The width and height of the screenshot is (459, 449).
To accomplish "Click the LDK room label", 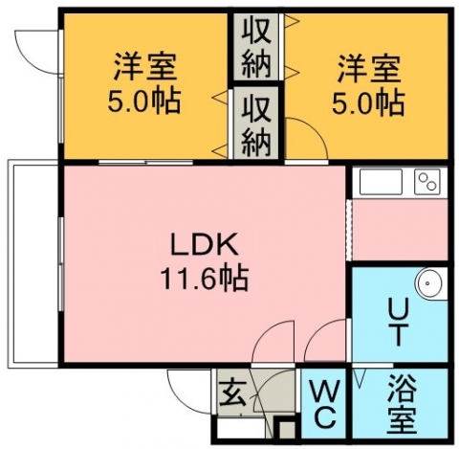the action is pyautogui.click(x=205, y=244).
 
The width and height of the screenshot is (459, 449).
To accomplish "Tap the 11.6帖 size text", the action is pyautogui.click(x=205, y=278).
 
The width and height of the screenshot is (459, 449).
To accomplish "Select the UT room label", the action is pyautogui.click(x=398, y=323).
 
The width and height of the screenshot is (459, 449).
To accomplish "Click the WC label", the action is pyautogui.click(x=323, y=403).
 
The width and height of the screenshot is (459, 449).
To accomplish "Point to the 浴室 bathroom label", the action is pyautogui.click(x=402, y=403).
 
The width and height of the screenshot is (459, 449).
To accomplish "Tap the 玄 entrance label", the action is pyautogui.click(x=233, y=393).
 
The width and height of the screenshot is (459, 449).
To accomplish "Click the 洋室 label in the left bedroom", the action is pyautogui.click(x=144, y=67).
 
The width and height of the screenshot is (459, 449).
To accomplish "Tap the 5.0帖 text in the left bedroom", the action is pyautogui.click(x=144, y=101).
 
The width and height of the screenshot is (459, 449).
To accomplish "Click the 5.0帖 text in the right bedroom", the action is pyautogui.click(x=369, y=101).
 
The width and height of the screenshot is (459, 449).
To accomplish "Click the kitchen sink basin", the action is pyautogui.click(x=381, y=182).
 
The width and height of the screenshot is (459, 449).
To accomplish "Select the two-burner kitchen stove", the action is pyautogui.click(x=427, y=182).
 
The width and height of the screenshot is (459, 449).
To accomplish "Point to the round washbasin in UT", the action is pyautogui.click(x=429, y=283).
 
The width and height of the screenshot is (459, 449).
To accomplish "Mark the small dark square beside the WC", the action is pyautogui.click(x=286, y=430).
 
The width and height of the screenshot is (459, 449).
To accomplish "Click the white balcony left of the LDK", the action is pyautogui.click(x=33, y=264).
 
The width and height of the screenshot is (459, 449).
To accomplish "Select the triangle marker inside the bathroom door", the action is pyautogui.click(x=361, y=378).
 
